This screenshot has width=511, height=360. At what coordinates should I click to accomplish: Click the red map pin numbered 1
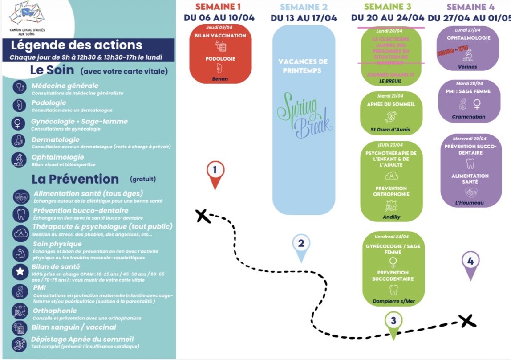(x=215, y=172)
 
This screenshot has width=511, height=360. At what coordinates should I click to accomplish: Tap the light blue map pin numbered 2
(x=301, y=245)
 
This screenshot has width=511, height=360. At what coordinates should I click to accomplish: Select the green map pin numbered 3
(x=393, y=322)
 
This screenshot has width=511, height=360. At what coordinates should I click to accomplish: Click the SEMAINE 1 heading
(x=218, y=7)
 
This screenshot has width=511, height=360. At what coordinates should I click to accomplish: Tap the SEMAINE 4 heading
(x=470, y=7)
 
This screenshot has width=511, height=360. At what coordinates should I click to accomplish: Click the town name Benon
(x=220, y=79)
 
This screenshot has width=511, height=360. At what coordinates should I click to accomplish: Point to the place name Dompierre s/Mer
(x=393, y=301)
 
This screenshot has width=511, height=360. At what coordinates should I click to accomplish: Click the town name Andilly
(x=392, y=217)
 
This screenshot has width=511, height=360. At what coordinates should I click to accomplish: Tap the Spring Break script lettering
(x=304, y=114)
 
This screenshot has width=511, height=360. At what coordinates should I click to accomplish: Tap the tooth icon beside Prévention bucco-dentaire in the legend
(x=20, y=213)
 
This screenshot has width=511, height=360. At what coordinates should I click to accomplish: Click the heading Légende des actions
(x=76, y=45)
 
